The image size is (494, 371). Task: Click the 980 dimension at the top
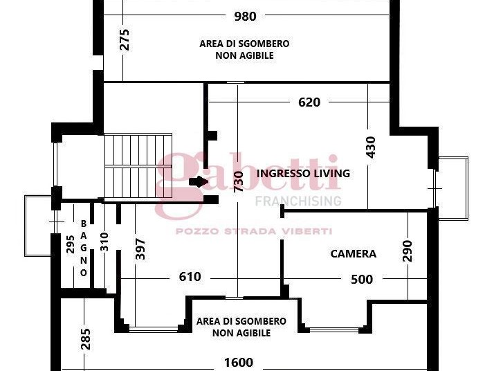pyautogui.click(x=245, y=16)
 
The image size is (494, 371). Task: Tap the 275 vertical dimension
pyautogui.click(x=125, y=39)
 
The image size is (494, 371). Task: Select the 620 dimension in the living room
pyautogui.click(x=309, y=102)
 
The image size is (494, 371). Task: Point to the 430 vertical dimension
pyautogui.click(x=371, y=147)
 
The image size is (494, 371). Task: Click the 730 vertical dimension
pyautogui.click(x=239, y=181)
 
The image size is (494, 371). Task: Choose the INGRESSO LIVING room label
pyautogui.click(x=303, y=173)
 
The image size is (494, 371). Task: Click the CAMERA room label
pyautogui.click(x=353, y=254)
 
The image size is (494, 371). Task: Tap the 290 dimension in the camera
pyautogui.click(x=408, y=251)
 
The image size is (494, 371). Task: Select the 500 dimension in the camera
pyautogui.click(x=362, y=279)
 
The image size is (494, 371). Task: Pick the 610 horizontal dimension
pyautogui.click(x=190, y=277)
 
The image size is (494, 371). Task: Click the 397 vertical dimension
pyautogui.click(x=140, y=249)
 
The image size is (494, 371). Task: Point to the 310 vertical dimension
pyautogui.click(x=104, y=242)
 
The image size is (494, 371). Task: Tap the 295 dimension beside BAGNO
pyautogui.click(x=71, y=244)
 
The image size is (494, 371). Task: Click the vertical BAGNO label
pyautogui.click(x=84, y=248)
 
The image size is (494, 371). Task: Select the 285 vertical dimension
pyautogui.click(x=86, y=339)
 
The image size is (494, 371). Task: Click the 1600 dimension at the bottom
pyautogui.click(x=239, y=363)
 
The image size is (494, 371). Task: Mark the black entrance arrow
pyautogui.click(x=199, y=181)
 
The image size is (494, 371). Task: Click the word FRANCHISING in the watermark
pyautogui.click(x=298, y=201)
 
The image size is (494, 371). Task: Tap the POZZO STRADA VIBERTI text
pyautogui.click(x=254, y=231)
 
